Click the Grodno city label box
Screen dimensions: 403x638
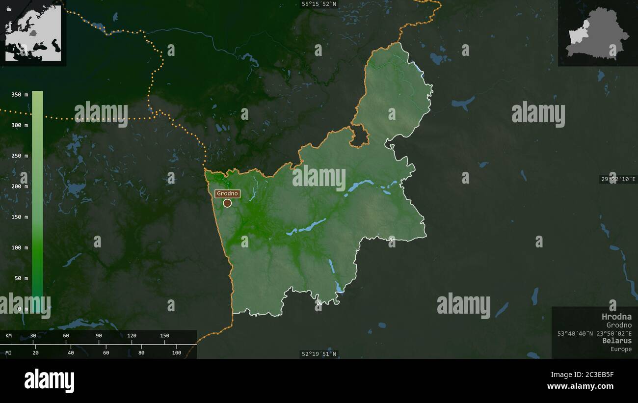[227, 193]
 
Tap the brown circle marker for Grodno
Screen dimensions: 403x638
[227, 203]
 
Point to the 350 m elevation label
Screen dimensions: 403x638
[20, 95]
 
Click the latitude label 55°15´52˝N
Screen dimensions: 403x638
[319, 4]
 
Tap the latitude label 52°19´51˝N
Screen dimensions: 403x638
[319, 354]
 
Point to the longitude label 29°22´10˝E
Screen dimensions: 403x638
[618, 179]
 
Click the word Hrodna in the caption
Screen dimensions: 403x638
[616, 317]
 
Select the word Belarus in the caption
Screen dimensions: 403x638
[617, 341]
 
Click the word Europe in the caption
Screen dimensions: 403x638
[621, 349]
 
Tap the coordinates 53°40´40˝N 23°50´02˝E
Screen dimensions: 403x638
[594, 333]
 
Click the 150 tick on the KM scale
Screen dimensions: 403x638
[164, 336]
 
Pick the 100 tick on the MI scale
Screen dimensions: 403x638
[176, 352]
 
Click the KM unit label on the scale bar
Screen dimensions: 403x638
[9, 336]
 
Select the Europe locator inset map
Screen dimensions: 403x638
[33, 33]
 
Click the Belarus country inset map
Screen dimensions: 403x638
[597, 33]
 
